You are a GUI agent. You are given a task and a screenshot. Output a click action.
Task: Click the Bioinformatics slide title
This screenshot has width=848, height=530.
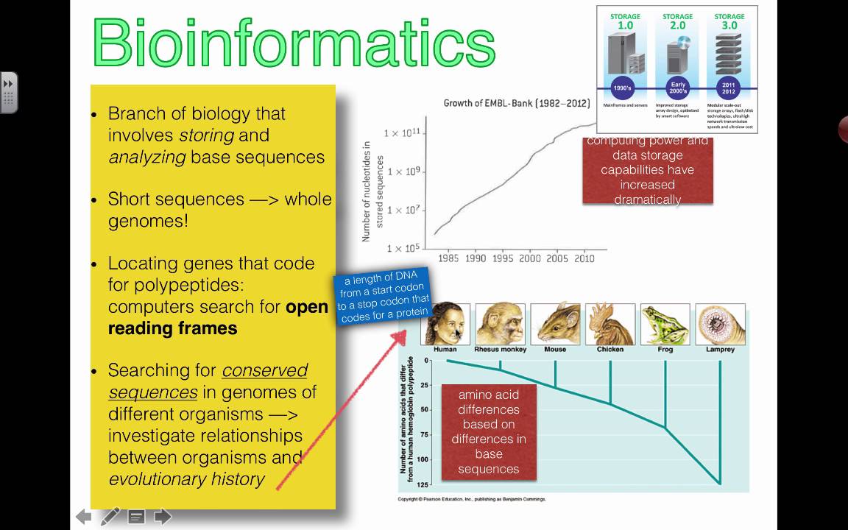click(294, 42)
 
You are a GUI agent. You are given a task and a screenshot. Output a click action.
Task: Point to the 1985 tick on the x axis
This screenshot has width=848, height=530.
click(448, 258)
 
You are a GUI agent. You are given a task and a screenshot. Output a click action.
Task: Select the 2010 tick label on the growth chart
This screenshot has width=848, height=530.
click(584, 258)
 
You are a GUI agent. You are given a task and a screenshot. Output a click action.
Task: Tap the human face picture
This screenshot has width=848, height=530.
click(445, 324)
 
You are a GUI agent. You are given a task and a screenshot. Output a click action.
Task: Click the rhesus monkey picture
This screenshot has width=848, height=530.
click(500, 324)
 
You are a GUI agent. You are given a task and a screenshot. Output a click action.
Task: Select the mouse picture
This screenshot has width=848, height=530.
click(555, 324)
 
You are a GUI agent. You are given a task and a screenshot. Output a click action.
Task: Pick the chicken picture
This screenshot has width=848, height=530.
click(610, 324)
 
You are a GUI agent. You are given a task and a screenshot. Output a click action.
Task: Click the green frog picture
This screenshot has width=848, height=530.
click(665, 324)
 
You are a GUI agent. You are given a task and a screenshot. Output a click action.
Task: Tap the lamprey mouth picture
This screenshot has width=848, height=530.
click(720, 324)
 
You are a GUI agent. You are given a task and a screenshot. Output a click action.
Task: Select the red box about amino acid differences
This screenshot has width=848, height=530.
click(488, 432)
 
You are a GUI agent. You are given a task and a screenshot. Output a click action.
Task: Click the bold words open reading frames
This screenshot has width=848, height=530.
click(218, 317)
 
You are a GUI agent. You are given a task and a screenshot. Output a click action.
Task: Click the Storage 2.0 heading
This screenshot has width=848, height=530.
click(677, 21)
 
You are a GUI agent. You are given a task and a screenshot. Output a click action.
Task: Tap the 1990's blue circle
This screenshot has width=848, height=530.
click(623, 88)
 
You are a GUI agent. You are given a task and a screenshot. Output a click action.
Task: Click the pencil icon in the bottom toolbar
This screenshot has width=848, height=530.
click(110, 516)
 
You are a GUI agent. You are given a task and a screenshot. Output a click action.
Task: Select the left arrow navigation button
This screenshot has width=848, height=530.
click(84, 517)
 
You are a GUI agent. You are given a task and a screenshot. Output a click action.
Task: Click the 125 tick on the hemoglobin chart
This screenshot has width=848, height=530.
click(423, 484)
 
